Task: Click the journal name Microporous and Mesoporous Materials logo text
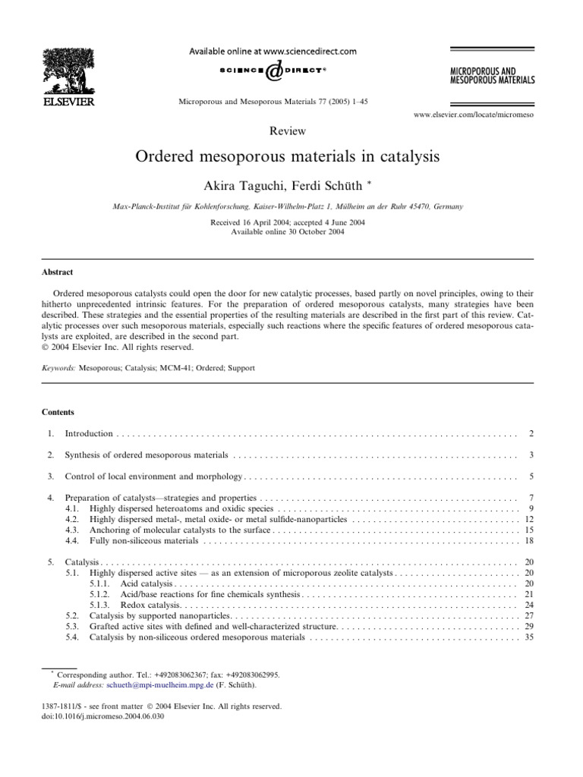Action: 491,74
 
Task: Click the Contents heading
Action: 58,412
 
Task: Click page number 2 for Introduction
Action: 531,433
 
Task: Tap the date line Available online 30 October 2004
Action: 287,231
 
